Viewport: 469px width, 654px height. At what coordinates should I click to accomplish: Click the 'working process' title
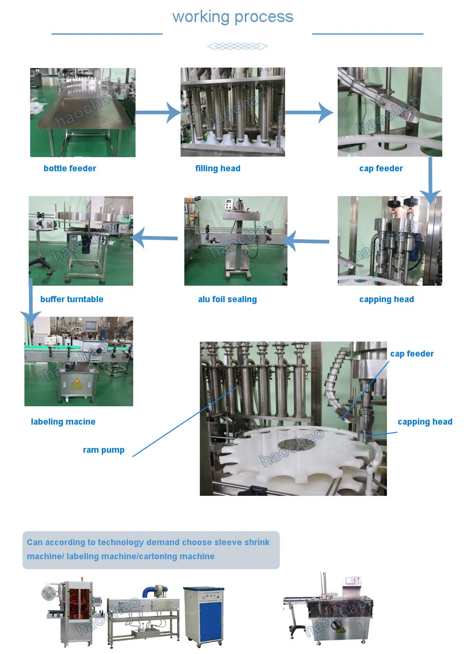pos(233,17)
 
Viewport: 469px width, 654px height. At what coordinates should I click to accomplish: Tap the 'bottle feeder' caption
pos(70,168)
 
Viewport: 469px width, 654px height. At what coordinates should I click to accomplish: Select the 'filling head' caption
pos(218,168)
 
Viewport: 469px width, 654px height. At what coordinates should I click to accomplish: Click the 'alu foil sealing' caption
pos(227,299)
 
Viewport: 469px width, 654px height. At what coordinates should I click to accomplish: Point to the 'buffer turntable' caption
pos(72,299)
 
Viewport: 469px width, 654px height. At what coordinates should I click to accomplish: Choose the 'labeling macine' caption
pos(63,422)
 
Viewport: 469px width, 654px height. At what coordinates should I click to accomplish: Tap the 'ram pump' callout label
pos(104,450)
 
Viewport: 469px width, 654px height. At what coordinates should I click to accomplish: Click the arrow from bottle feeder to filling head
pos(158,113)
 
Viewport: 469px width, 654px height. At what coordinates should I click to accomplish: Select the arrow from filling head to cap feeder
pos(309,113)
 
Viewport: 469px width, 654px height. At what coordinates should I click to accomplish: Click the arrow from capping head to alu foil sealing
pos(305,241)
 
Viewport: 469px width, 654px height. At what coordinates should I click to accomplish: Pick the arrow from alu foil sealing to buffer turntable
pos(154,238)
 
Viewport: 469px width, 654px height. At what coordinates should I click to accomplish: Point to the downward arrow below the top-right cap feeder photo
pos(430,181)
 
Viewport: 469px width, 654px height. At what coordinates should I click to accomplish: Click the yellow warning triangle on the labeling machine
pos(77,380)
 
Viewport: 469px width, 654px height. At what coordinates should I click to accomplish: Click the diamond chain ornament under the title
pos(237,46)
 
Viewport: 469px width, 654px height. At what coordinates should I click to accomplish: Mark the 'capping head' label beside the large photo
pos(425,422)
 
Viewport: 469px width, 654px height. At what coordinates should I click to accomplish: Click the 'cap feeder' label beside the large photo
pos(412,354)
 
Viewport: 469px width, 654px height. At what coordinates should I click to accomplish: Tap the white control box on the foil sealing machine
pos(230,204)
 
